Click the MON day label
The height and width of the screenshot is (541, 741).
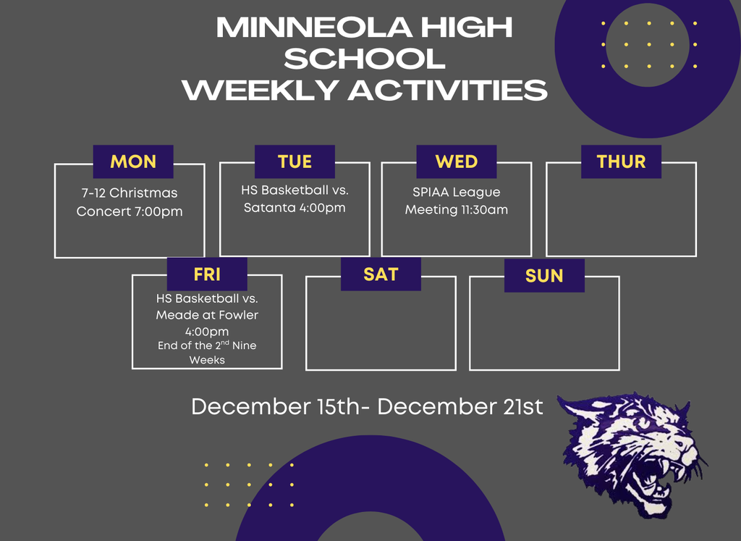coord(133,162)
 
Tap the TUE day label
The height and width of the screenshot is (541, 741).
coord(295,162)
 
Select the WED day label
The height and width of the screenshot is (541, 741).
coord(456,162)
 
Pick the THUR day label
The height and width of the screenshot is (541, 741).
coord(621,162)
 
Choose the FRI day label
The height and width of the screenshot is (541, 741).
coord(207,274)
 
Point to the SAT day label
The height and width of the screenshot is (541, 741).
coord(381,274)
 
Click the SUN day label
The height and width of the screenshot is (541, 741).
coord(544,276)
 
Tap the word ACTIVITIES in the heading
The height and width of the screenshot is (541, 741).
coord(448,91)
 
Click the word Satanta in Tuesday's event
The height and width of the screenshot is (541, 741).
coord(268,209)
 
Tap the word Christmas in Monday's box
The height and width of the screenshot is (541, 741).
coord(143,193)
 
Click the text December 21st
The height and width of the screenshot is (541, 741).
coord(460,406)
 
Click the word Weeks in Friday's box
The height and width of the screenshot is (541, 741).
coord(207,360)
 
